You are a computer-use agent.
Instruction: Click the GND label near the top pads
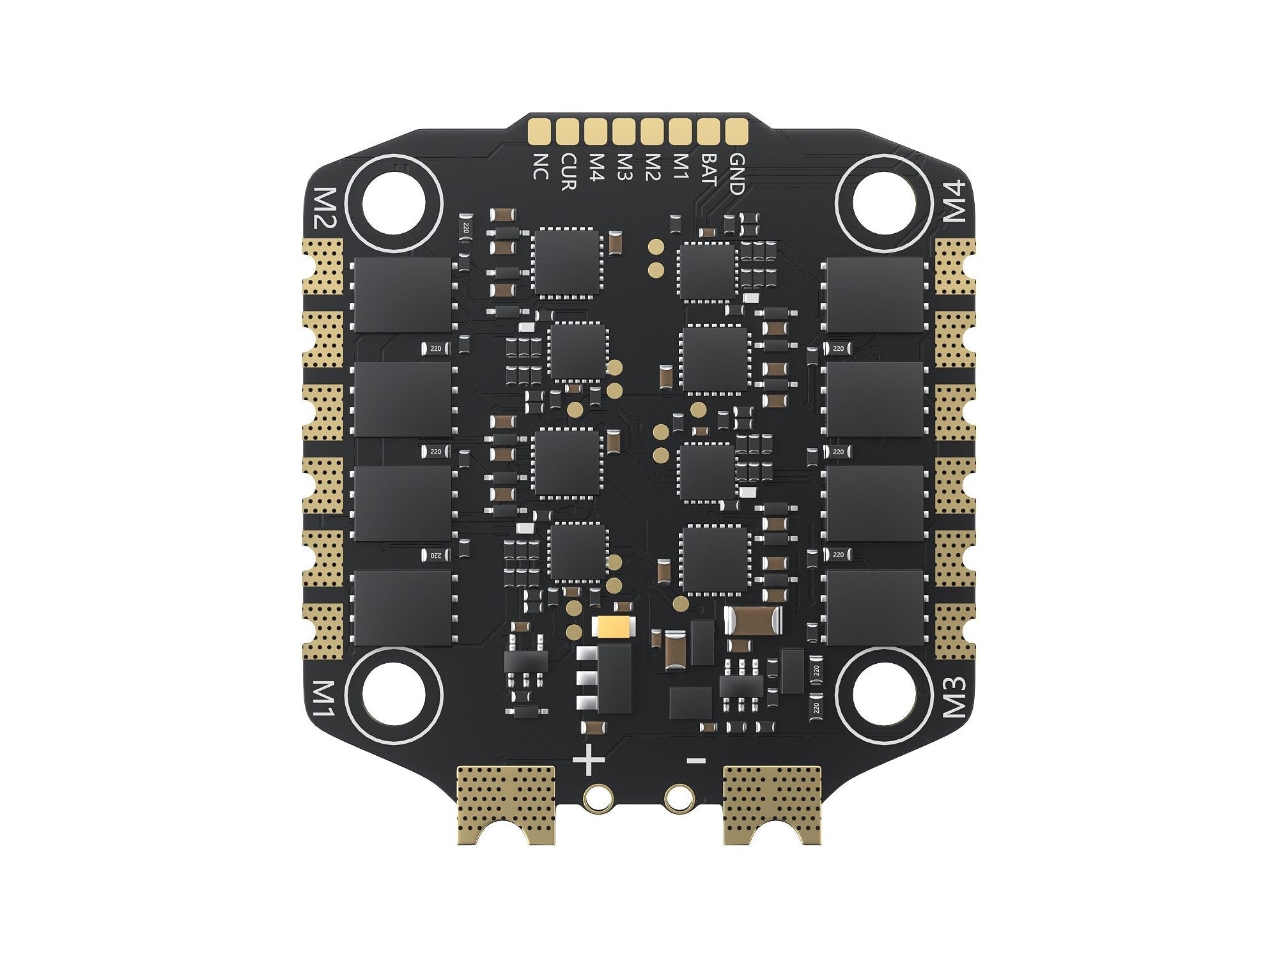pos(736,173)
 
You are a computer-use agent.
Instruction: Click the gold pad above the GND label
pos(736,130)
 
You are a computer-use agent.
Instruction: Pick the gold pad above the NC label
pos(539,130)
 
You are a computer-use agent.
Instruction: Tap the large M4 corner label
pos(956,201)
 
